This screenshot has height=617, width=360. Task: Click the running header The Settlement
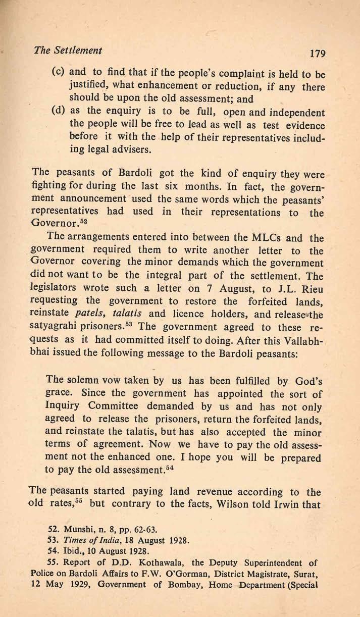[67, 50]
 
